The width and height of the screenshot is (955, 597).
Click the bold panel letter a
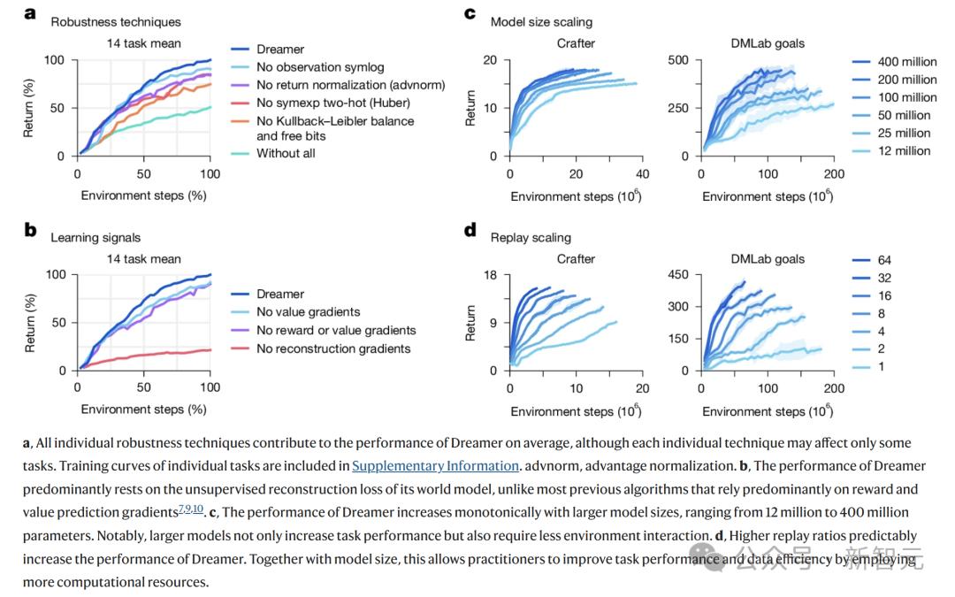29,13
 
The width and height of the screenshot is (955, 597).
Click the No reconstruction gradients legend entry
333,348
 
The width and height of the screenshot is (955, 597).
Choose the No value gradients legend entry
308,311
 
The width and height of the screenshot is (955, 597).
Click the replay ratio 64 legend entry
884,260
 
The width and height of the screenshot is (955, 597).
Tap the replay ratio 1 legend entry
881,367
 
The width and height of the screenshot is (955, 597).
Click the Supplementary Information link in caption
435,466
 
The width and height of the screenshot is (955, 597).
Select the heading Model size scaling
541,21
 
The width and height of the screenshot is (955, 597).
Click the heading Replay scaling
531,237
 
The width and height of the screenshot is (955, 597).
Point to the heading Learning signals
95,237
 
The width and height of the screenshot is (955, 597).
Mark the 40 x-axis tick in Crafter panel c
642,174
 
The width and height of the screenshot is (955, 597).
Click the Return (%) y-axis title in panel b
30,323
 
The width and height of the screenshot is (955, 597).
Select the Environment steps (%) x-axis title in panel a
143,195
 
